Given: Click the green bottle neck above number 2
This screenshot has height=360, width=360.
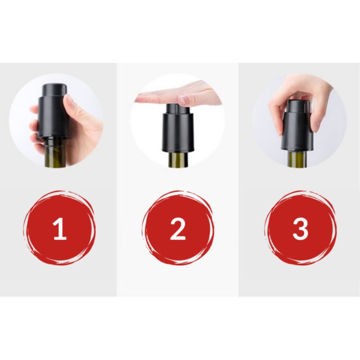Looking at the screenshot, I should [x=178, y=160].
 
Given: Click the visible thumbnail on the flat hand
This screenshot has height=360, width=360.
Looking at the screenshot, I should [x=183, y=99].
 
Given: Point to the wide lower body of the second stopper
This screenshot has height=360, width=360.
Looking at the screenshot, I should [x=178, y=135].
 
